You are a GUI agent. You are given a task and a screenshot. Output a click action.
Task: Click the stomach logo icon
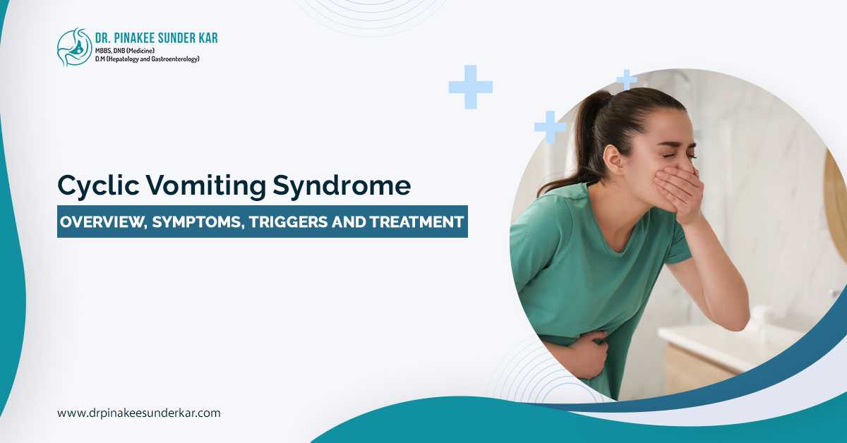[74, 47]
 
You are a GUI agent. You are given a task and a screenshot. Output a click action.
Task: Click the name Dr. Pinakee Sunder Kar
[157, 37]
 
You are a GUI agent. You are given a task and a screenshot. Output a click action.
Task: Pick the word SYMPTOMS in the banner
[198, 221]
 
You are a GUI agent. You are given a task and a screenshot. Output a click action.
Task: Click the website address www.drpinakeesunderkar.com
[139, 413]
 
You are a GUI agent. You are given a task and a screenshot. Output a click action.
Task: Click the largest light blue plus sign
[470, 87]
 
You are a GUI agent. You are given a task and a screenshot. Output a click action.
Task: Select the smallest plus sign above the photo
[626, 79]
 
